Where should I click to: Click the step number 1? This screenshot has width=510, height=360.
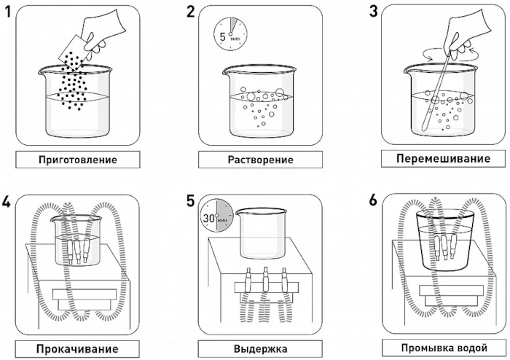9,12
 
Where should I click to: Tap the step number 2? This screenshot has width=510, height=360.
191,12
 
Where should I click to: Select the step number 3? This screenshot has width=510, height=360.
374,12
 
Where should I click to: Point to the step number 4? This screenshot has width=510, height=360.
8,202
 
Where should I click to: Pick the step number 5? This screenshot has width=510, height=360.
192,202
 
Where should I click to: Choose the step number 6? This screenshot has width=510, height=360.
374,202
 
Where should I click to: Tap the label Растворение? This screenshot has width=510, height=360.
260,160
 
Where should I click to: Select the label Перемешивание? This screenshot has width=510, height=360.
444,158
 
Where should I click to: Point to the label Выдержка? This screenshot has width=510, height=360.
260,349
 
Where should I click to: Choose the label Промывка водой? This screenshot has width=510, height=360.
444,348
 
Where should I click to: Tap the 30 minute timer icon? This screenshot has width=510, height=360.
216,216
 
